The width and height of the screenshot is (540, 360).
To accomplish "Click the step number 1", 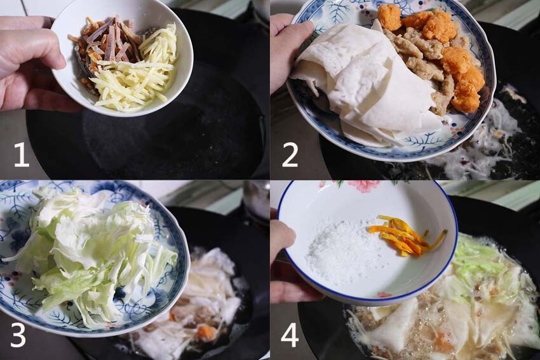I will (x=21, y=154).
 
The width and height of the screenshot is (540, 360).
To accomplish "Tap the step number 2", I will (x=290, y=154).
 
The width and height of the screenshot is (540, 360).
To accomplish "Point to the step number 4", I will (x=290, y=335).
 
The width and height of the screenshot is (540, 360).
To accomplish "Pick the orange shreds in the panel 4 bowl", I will (x=403, y=235).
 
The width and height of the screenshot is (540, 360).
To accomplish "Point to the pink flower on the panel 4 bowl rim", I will (x=363, y=185).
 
